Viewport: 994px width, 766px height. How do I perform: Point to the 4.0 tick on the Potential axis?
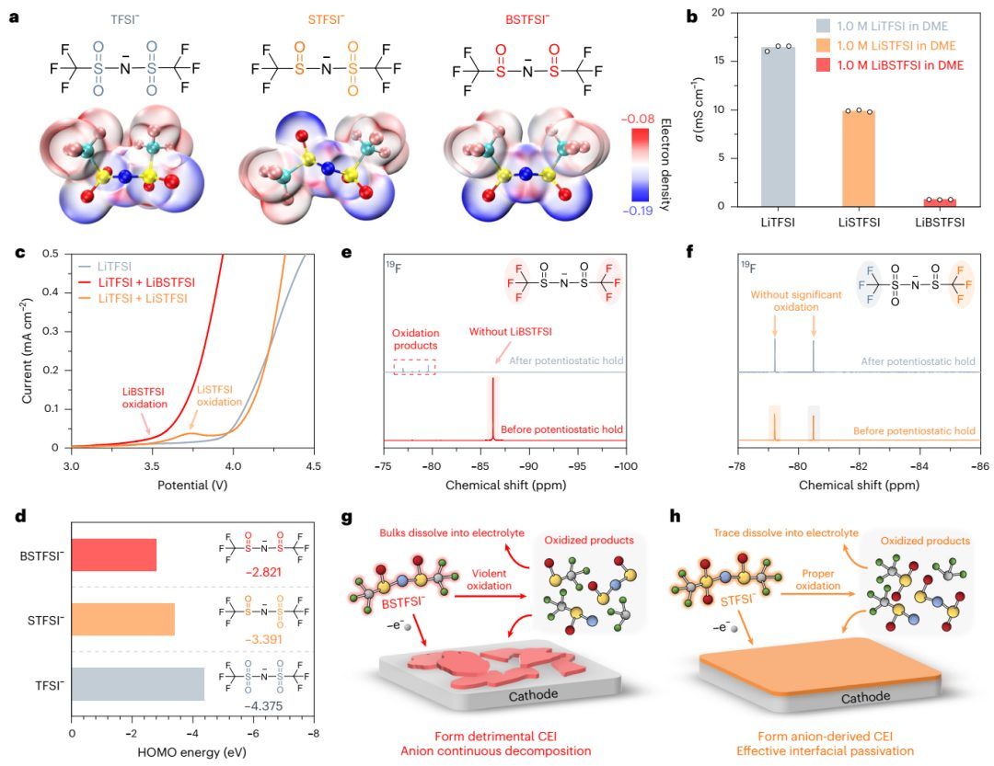[x=233, y=466]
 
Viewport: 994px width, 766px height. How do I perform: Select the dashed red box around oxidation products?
[x=414, y=366]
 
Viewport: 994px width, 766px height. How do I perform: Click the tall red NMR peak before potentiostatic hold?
[x=493, y=405]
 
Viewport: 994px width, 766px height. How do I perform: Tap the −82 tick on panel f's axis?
[x=859, y=466]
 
